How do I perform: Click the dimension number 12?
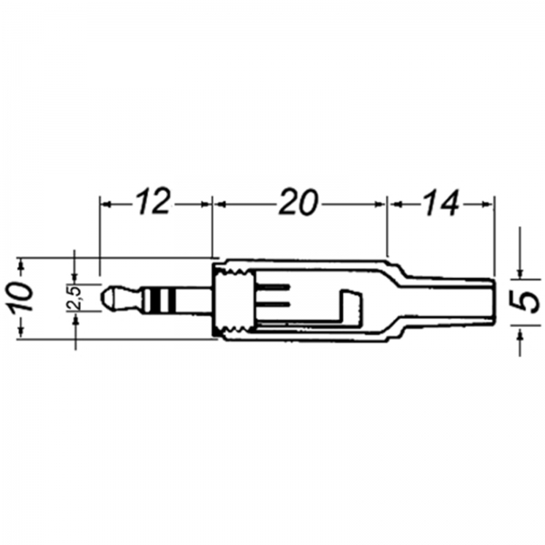pos(153,202)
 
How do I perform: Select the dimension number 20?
pos(299,202)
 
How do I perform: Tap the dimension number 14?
pos(441,203)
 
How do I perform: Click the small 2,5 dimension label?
pos(74,298)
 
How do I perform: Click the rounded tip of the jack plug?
pos(105,297)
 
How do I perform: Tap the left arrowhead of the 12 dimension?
pos(105,204)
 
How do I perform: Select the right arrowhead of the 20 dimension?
pos(380,204)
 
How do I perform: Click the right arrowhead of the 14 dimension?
pos(488,204)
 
